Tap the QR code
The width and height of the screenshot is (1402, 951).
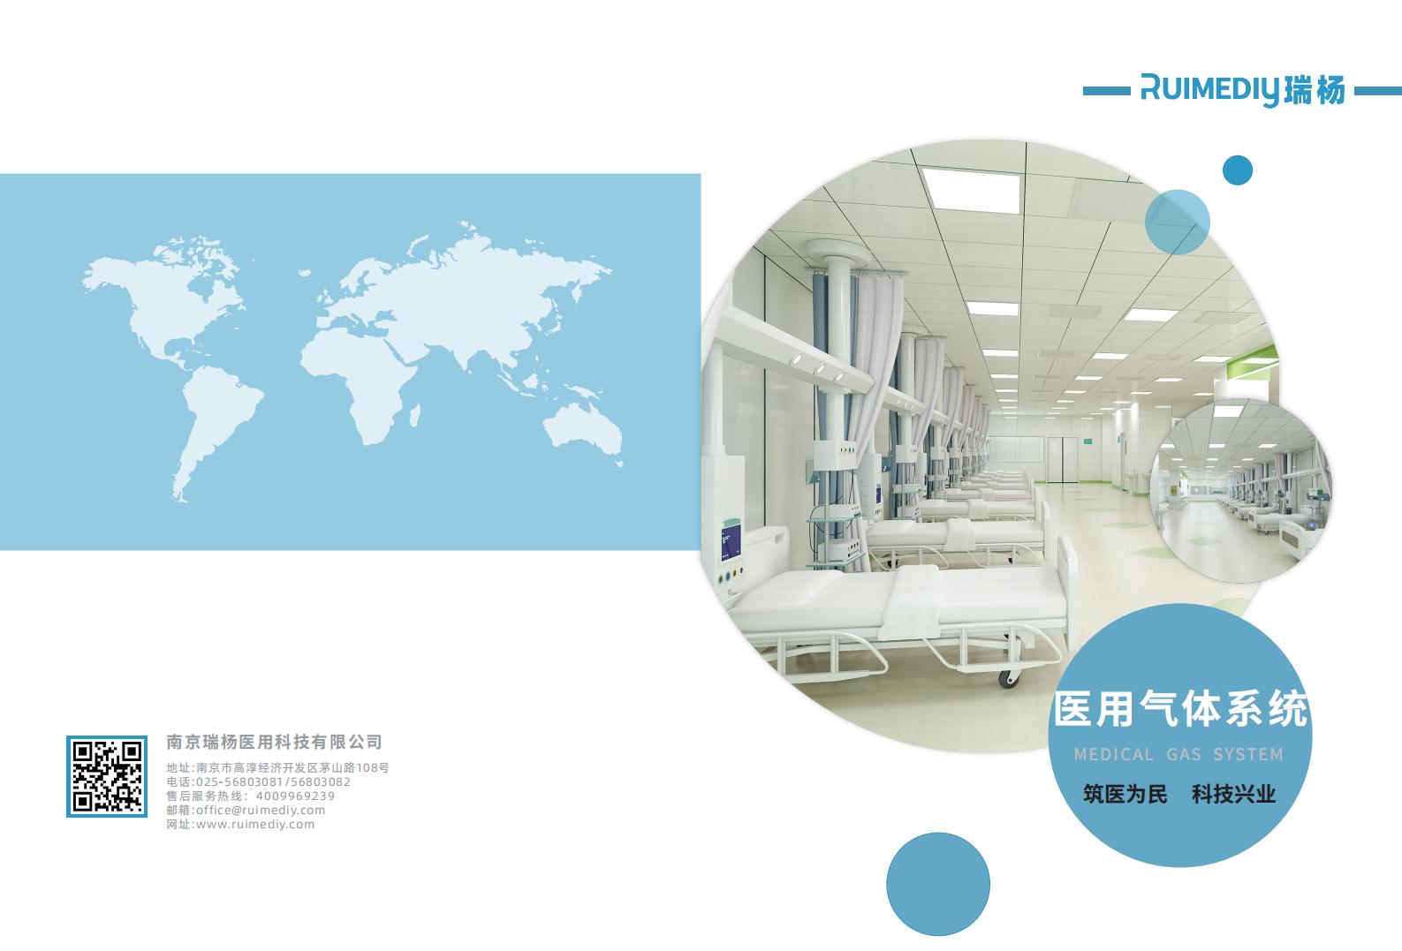107,776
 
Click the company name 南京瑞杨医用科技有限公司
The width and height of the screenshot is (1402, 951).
274,742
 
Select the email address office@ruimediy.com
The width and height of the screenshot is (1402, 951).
261,811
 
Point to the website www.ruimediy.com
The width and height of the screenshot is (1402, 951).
255,825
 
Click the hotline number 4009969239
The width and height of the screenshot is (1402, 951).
295,796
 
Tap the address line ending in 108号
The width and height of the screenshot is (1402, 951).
278,767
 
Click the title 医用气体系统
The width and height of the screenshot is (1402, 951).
1180,709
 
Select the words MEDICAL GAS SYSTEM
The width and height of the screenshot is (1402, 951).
1178,755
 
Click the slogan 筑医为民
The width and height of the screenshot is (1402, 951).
1125,794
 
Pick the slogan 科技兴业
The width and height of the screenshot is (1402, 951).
1233,794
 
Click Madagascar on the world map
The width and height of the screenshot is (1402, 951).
414,415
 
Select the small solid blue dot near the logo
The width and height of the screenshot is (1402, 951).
1238,170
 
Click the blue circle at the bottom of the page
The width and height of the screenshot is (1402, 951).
938,884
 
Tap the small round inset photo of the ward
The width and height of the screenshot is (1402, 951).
1241,492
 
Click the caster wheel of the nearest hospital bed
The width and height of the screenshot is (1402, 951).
1008,678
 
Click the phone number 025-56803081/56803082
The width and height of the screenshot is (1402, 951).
274,782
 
